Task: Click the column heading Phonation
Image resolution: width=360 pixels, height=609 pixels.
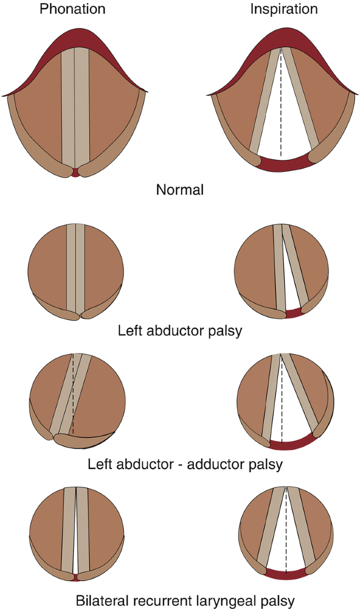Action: coord(73,9)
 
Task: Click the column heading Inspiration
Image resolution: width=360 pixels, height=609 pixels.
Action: coord(284,9)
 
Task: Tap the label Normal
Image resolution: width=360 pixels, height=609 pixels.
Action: coord(180,189)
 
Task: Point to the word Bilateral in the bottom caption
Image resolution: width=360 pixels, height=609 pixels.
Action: coord(102,600)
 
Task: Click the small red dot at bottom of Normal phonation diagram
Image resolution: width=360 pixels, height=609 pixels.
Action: coord(76,172)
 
